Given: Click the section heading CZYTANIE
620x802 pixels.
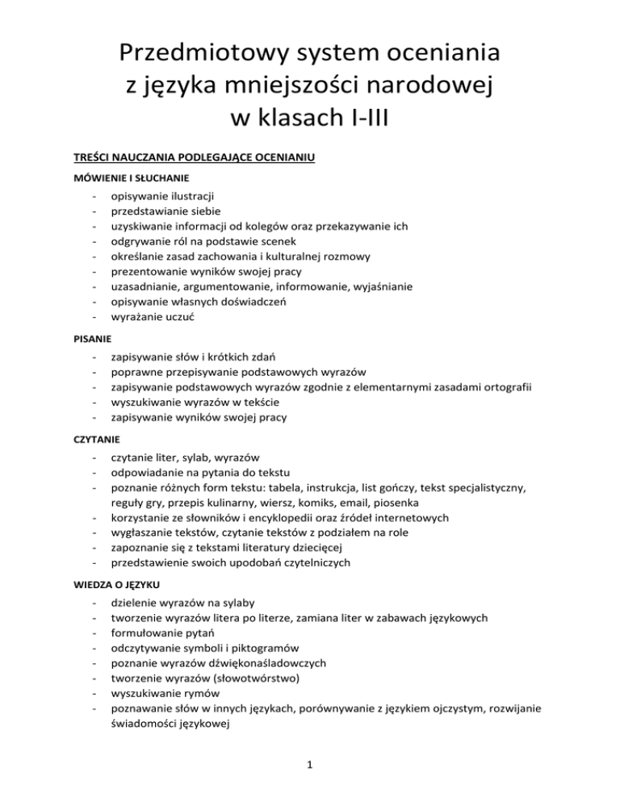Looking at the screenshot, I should pos(87,437).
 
